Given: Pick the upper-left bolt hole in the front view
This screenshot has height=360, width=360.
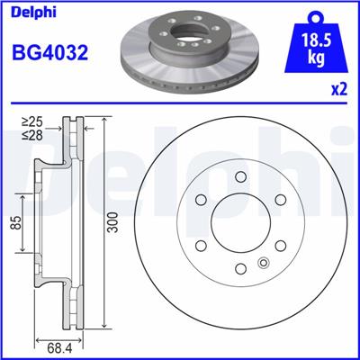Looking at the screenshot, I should coord(199,201).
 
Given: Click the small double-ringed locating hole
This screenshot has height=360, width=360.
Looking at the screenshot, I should coord(263,263).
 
